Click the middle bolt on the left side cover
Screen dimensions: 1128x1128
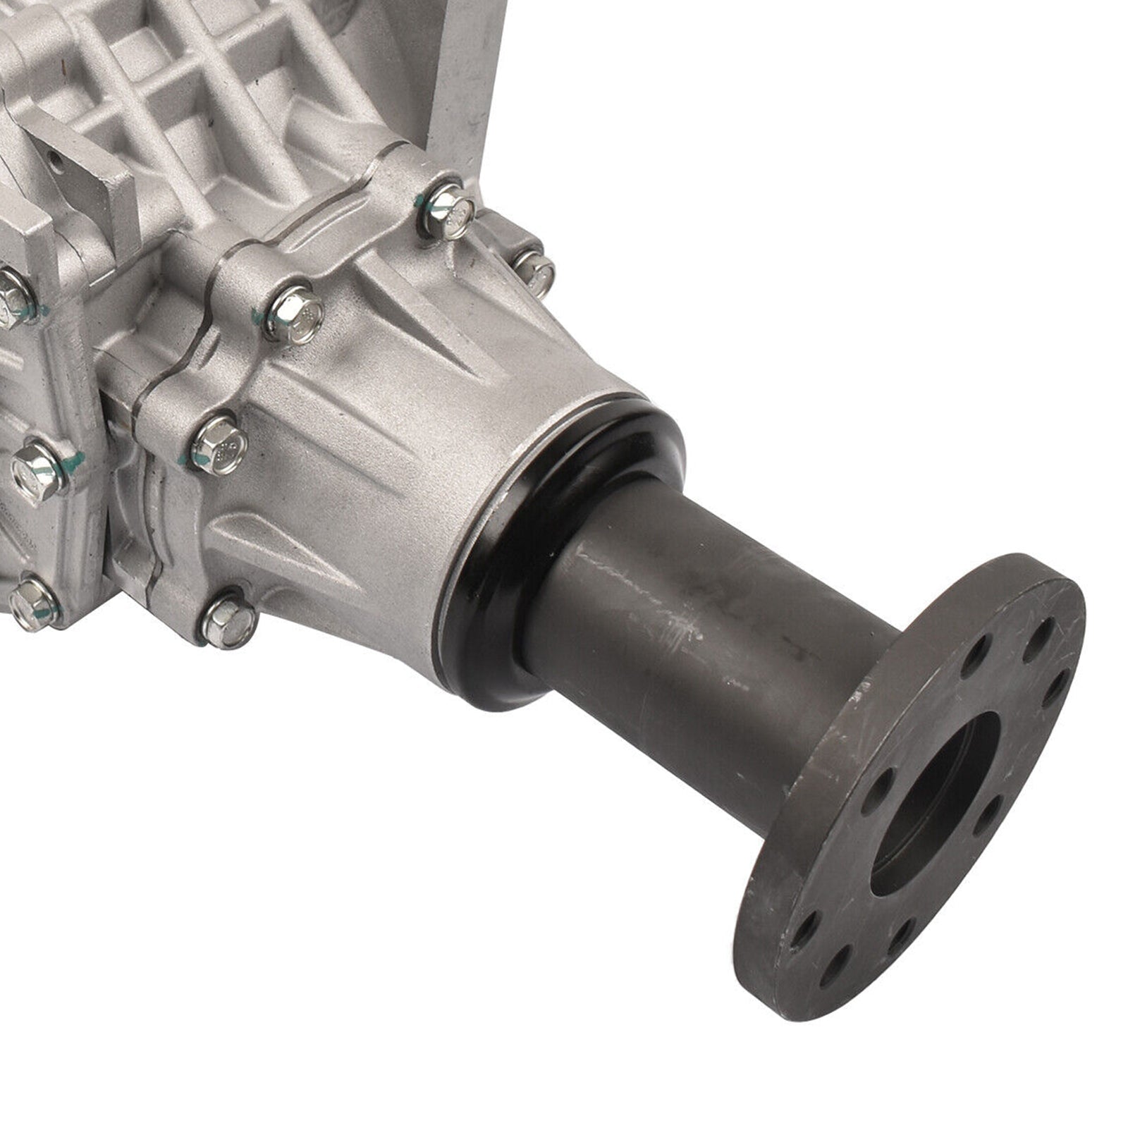(39, 470)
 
